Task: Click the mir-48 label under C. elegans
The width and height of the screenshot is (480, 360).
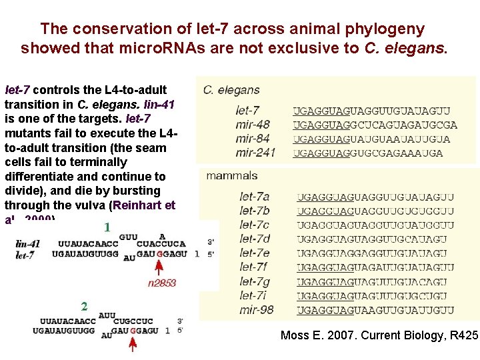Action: pos(253,125)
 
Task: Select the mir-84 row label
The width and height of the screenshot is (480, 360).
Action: pos(253,139)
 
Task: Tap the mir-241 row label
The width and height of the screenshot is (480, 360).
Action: pos(255,153)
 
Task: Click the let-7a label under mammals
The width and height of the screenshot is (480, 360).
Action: pos(254,197)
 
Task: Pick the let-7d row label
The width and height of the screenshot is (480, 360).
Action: pos(254,239)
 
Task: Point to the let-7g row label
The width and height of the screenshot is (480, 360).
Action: pos(254,281)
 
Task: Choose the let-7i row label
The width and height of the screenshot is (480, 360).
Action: pos(253,295)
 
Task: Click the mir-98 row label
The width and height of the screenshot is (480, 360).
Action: pos(256,309)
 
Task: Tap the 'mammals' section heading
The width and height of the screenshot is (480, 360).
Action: pos(231,176)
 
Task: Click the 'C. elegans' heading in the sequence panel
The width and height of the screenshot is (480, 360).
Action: pos(231,90)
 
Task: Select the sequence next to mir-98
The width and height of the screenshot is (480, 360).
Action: pos(375,310)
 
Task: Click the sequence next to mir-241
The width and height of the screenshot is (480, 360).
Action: pos(367,153)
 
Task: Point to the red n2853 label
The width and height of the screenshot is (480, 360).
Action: pos(161,283)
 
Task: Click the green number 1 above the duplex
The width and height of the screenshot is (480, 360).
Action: pos(107,227)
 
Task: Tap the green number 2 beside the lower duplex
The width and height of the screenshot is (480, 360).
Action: pos(84,307)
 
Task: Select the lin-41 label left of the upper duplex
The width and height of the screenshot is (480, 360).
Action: pos(27,244)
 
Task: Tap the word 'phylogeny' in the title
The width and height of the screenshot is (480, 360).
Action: pos(390,29)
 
